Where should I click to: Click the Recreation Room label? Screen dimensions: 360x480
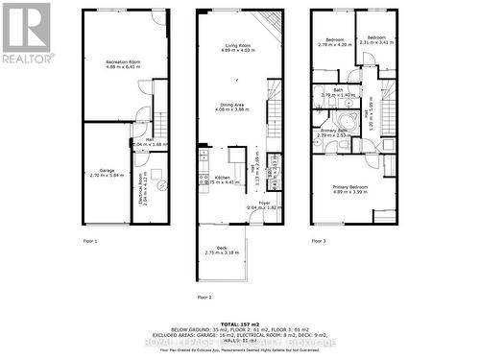123,64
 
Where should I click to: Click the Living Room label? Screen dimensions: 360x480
238,48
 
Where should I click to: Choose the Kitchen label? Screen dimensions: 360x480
222,178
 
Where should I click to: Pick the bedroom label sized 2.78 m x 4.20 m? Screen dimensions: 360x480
332,42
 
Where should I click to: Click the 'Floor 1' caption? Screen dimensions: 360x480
90,240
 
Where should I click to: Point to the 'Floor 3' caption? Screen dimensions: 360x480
318,240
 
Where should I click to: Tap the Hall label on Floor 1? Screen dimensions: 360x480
150,141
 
